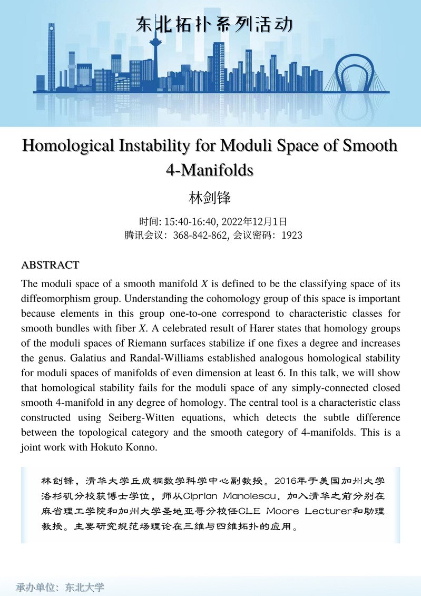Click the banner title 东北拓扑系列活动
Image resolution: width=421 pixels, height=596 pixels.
click(x=213, y=25)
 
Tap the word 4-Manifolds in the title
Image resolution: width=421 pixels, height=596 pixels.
click(x=210, y=170)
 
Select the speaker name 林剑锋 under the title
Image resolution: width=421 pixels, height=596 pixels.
click(x=210, y=198)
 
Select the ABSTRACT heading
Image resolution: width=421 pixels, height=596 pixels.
click(x=50, y=265)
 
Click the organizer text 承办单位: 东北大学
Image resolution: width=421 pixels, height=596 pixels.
click(x=60, y=587)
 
